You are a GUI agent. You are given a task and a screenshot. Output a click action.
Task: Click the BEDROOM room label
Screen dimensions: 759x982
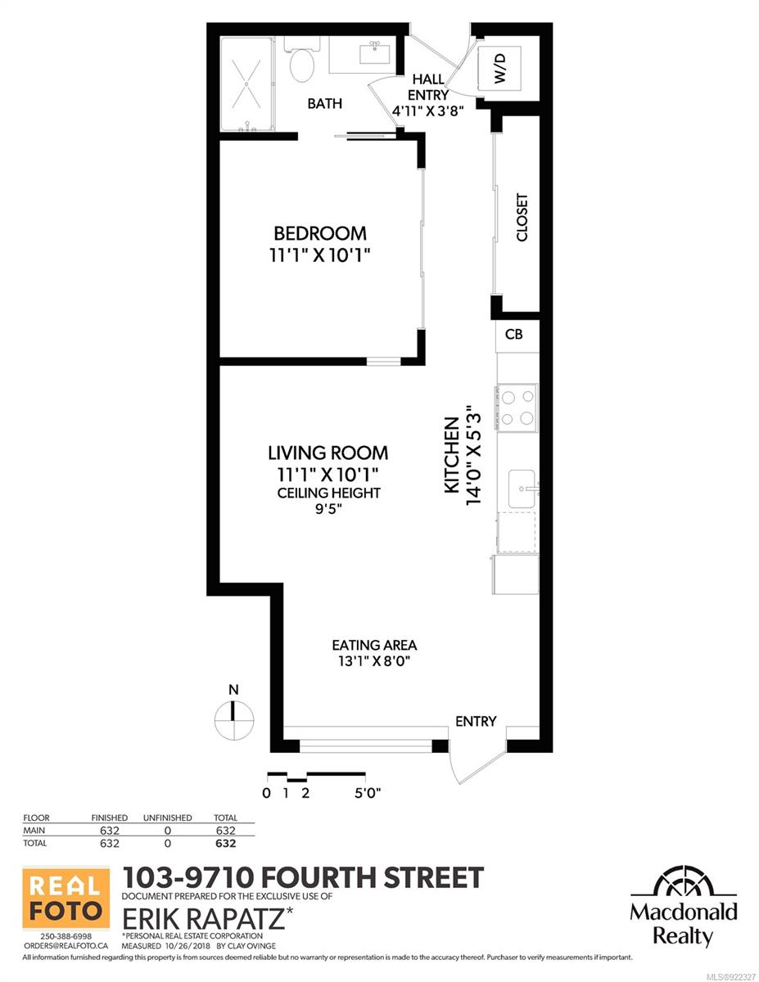point(320,233)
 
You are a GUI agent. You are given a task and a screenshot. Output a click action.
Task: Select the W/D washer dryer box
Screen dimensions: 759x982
point(499,67)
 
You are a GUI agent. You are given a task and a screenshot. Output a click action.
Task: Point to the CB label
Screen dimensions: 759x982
point(513,334)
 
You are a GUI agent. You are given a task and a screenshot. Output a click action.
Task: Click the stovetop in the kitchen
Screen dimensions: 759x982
point(517,408)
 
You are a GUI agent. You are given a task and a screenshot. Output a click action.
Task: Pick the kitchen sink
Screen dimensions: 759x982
point(523,489)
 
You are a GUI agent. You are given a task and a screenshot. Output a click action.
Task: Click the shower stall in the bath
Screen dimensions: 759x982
point(246,84)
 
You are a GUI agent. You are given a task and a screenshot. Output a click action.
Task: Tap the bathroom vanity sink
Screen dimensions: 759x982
point(375,53)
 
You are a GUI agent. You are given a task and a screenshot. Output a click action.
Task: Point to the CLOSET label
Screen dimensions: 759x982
point(522,218)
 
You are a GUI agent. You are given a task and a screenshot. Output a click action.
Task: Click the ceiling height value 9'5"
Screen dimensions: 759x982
point(328,509)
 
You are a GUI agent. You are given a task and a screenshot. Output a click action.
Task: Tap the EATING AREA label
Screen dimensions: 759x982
point(374,645)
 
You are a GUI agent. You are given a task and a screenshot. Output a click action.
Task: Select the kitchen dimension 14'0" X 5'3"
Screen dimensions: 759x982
point(474,453)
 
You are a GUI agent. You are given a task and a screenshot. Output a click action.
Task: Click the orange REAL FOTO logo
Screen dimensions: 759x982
point(66,900)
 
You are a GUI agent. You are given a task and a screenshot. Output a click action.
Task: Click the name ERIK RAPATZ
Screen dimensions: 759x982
point(204,919)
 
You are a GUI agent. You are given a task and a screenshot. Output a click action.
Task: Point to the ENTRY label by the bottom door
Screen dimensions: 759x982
point(476,721)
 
